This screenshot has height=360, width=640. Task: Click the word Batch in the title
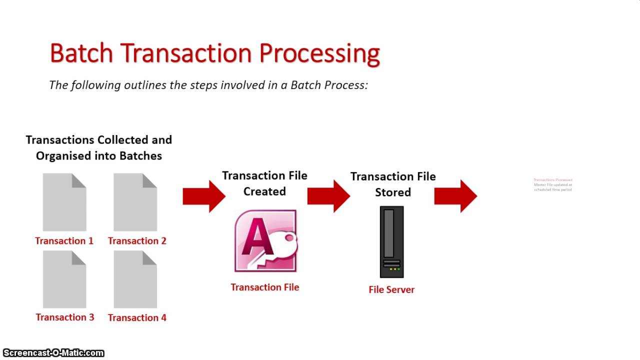click(81, 53)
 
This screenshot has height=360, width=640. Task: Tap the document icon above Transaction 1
click(64, 202)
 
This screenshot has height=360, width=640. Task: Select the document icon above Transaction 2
click(135, 202)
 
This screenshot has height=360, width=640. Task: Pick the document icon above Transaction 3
click(64, 279)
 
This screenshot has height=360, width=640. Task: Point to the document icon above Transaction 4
click(135, 279)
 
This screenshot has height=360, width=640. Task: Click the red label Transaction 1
click(64, 241)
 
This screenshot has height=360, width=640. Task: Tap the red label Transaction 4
click(137, 317)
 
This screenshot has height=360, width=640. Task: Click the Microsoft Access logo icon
click(265, 241)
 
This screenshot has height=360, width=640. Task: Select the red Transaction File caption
click(264, 287)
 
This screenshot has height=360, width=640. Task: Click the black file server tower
click(391, 241)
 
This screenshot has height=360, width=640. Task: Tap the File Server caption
click(391, 289)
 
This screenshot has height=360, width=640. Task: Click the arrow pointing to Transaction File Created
click(204, 196)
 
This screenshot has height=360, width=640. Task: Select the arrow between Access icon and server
click(328, 196)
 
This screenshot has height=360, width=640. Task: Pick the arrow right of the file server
click(455, 196)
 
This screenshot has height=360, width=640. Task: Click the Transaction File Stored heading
click(393, 184)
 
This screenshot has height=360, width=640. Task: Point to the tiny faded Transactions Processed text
click(552, 180)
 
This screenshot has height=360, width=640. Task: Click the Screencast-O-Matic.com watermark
click(53, 353)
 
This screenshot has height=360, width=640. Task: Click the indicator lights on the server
click(391, 269)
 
